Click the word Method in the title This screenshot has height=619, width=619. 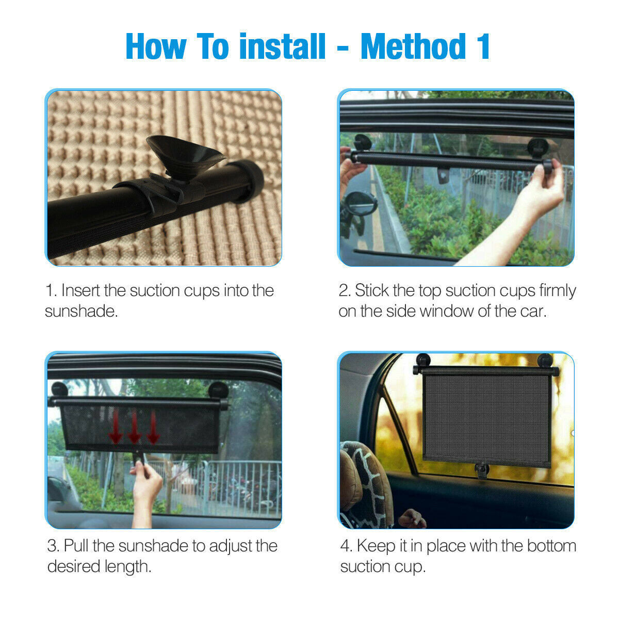coord(413,46)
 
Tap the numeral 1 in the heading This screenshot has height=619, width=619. coord(483,46)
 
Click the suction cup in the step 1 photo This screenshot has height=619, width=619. coord(183,155)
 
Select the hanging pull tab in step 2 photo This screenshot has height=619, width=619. coord(443,176)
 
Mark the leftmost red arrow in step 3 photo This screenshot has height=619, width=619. coord(115,426)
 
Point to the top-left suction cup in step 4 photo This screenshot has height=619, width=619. coord(423,360)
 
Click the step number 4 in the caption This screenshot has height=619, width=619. coord(345,546)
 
